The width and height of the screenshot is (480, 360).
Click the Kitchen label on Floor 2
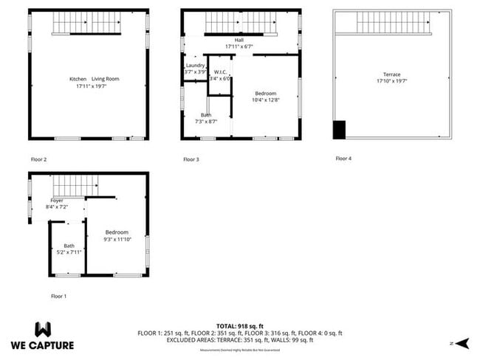click(x=78, y=79)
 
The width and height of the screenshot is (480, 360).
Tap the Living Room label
click(x=105, y=79)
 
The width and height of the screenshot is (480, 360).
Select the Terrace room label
click(x=391, y=75)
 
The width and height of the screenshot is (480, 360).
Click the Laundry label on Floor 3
click(x=195, y=66)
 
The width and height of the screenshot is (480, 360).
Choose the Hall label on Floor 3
click(x=239, y=40)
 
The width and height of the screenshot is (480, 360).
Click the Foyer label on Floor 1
click(x=57, y=201)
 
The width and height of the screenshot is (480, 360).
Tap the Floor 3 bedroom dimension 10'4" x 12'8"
click(x=265, y=100)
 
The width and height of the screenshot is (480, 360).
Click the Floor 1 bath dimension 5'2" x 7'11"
click(x=69, y=252)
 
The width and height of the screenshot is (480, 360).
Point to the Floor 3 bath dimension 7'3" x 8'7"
click(x=205, y=122)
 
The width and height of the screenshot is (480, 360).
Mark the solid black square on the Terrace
click(x=339, y=129)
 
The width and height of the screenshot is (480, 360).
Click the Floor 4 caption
click(x=343, y=159)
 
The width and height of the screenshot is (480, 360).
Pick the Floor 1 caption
click(x=58, y=296)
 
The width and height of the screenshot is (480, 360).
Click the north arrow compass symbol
click(x=462, y=343)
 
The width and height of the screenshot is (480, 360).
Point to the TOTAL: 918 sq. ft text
click(x=239, y=325)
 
